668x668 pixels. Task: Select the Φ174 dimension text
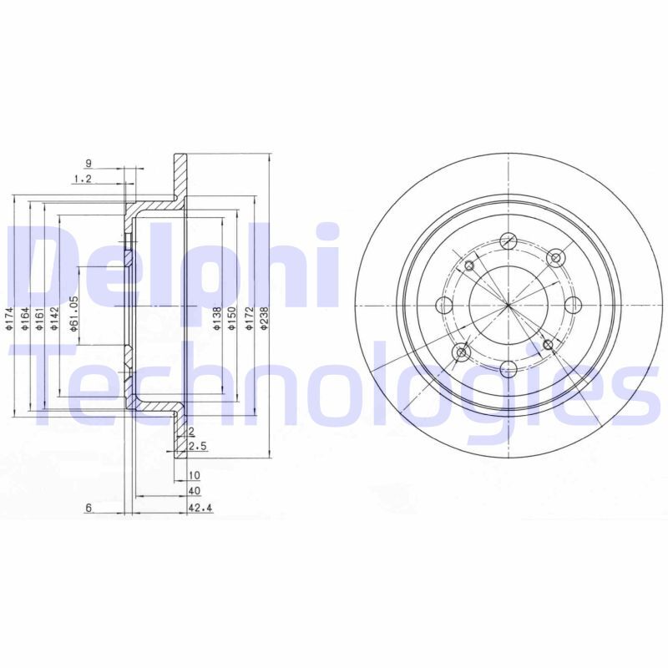8,320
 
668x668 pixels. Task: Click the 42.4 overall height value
197,506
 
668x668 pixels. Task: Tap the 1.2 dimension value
82,179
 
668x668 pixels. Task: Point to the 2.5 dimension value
198,448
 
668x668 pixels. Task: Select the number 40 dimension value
195,491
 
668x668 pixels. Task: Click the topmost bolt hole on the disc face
508,242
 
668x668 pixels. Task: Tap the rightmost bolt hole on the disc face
572,306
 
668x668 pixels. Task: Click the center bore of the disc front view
508,306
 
